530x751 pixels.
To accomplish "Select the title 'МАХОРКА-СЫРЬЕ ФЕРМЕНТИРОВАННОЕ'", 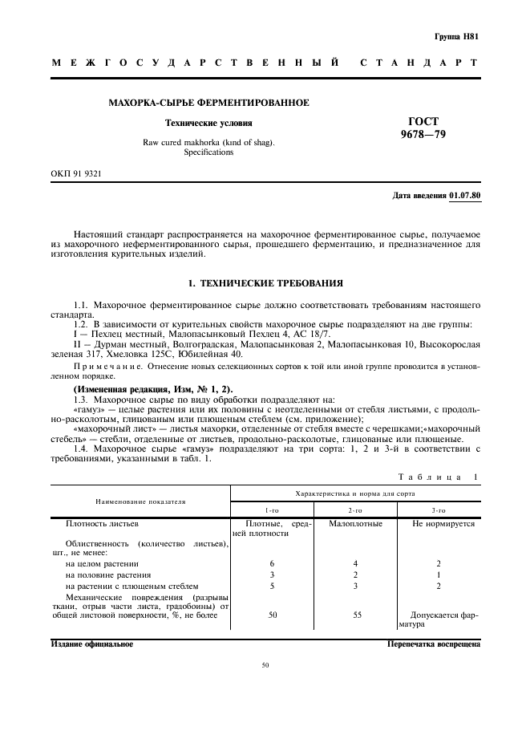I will [209, 103].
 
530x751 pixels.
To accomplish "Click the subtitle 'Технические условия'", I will [208, 124].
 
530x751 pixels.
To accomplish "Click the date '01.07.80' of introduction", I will [463, 196].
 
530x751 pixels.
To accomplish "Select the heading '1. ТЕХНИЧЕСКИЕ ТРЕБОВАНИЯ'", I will [265, 283].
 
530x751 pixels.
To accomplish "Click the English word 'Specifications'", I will [208, 152].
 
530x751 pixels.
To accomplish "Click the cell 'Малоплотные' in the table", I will [355, 524].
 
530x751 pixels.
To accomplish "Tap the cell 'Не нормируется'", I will [443, 524].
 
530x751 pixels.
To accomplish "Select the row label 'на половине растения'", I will [108, 575].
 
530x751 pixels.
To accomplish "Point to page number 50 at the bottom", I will [265, 665].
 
